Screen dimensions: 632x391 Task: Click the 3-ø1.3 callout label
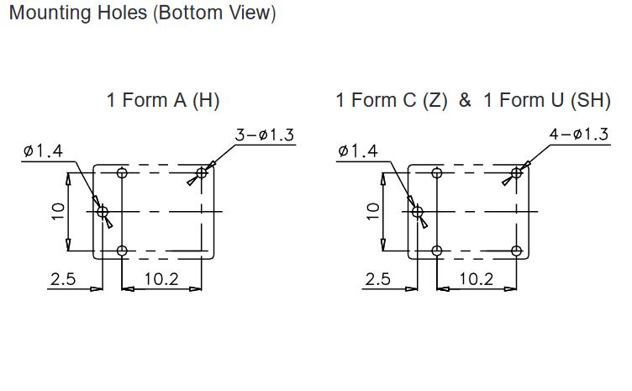click(265, 135)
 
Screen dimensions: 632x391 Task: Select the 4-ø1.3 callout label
click(579, 135)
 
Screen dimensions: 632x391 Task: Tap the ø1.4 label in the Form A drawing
click(43, 151)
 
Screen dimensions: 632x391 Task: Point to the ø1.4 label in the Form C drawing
click(358, 151)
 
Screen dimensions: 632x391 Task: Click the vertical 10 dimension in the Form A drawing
click(58, 211)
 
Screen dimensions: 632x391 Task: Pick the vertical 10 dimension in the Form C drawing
click(373, 211)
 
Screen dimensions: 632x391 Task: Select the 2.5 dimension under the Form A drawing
click(63, 279)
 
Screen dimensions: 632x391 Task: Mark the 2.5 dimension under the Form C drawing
click(377, 279)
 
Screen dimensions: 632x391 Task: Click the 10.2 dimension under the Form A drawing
click(161, 279)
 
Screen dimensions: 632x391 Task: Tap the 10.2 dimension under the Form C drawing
click(476, 279)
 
